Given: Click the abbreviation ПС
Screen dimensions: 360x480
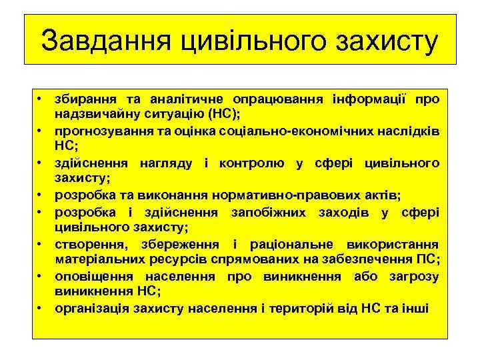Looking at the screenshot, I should click(x=423, y=258).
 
